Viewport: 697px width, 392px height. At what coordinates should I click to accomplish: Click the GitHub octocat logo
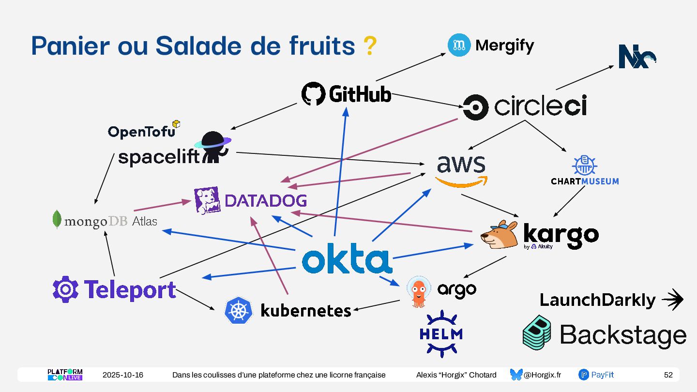313,94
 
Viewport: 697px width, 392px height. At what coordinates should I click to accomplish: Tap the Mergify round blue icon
459,45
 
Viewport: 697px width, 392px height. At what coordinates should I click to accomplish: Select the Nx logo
637,57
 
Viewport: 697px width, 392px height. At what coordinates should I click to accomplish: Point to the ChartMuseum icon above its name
584,166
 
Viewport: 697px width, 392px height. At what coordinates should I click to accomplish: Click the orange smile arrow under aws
461,181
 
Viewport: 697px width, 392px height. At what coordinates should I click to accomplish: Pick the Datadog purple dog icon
207,200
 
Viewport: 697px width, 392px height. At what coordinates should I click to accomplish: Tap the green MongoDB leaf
57,219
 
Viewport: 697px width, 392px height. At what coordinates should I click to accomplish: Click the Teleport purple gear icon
65,289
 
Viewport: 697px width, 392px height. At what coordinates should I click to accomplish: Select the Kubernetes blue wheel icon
239,310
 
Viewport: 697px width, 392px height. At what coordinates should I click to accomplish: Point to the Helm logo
441,334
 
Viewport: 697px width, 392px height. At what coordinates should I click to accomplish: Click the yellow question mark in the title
369,46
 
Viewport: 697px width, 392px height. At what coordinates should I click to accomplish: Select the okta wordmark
347,261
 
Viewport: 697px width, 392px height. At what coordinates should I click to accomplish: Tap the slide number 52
668,375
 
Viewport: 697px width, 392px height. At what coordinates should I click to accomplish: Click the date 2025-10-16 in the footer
123,375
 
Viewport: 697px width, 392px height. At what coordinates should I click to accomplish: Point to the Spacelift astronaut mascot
213,147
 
